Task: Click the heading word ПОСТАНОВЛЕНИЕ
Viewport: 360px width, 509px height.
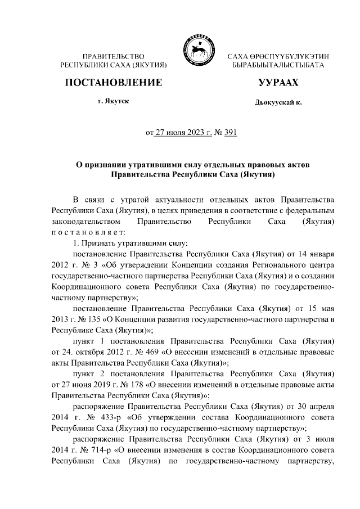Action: pos(114,83)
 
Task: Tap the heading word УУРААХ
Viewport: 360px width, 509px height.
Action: pos(278,83)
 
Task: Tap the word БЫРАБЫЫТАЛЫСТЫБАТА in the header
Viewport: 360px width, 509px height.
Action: pos(278,66)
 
